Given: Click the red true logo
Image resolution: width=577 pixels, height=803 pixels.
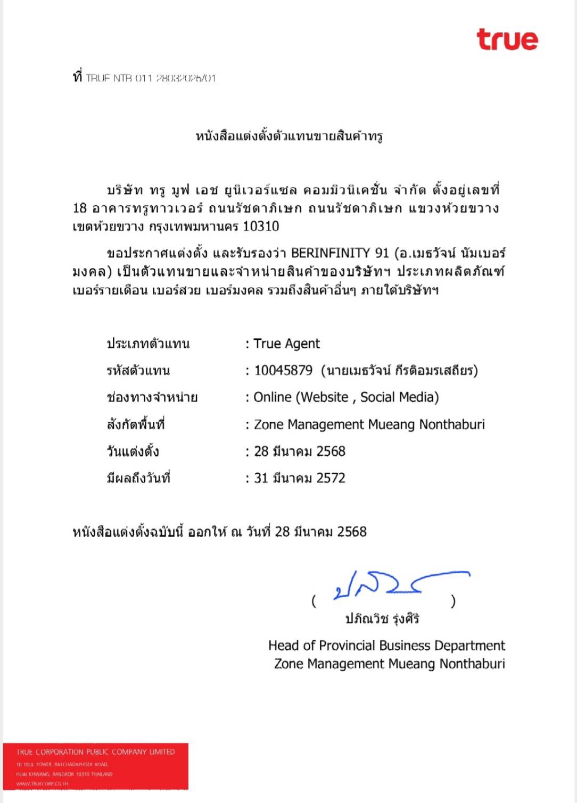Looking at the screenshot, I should click(x=507, y=40).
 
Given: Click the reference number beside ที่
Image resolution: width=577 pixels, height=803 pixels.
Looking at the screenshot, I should click(x=151, y=78).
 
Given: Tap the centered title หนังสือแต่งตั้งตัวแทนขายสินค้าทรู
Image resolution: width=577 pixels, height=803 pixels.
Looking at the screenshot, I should click(x=289, y=136).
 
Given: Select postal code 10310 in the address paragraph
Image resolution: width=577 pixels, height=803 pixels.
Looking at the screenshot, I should click(x=261, y=227).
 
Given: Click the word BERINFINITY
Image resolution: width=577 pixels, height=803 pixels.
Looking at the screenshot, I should click(x=330, y=253).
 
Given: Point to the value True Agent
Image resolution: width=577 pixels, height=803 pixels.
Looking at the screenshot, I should click(x=286, y=344).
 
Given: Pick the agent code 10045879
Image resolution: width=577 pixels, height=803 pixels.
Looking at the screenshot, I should click(x=283, y=371).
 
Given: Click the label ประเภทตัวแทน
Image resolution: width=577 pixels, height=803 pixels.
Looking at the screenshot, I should click(x=148, y=344).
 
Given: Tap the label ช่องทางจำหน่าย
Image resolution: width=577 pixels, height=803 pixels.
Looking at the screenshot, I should click(x=152, y=397).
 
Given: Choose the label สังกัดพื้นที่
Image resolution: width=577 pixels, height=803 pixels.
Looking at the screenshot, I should click(x=135, y=424).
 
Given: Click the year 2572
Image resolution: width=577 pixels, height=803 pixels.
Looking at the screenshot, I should click(x=331, y=478).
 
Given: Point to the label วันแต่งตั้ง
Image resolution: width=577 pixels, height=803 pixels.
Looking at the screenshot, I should click(x=133, y=451).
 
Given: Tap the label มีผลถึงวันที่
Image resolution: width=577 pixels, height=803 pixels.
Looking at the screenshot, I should click(x=138, y=478).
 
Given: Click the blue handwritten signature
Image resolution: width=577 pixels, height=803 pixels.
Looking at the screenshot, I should click(x=394, y=584).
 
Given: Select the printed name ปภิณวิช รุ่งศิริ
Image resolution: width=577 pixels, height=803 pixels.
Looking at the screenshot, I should click(x=382, y=618).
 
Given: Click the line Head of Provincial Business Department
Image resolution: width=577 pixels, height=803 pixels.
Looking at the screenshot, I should click(x=386, y=646).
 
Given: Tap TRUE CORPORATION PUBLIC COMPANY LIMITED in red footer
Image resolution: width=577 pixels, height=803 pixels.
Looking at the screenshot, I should click(x=95, y=752).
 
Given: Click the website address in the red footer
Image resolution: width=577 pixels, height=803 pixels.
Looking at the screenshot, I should click(x=42, y=784).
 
